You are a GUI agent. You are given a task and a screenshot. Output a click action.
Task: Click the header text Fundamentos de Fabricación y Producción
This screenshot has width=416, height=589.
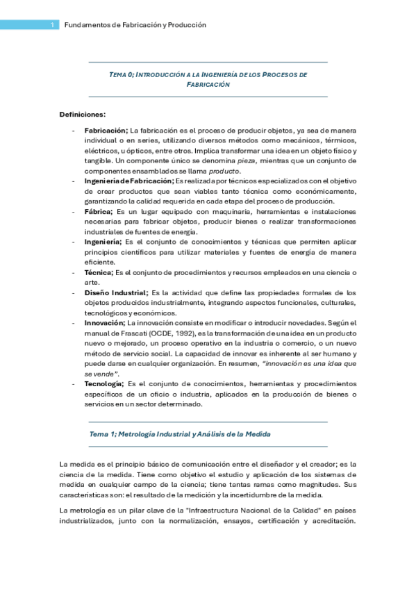tap(135, 24)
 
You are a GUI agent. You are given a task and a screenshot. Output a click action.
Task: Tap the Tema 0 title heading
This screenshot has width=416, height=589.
tap(208, 78)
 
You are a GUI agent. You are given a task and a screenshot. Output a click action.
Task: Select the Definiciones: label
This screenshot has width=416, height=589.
tap(83, 114)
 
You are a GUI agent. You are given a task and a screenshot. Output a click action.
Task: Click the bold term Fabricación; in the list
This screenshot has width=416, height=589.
tap(106, 130)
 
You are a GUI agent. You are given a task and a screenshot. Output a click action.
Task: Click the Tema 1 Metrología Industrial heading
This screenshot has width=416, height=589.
tap(180, 434)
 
